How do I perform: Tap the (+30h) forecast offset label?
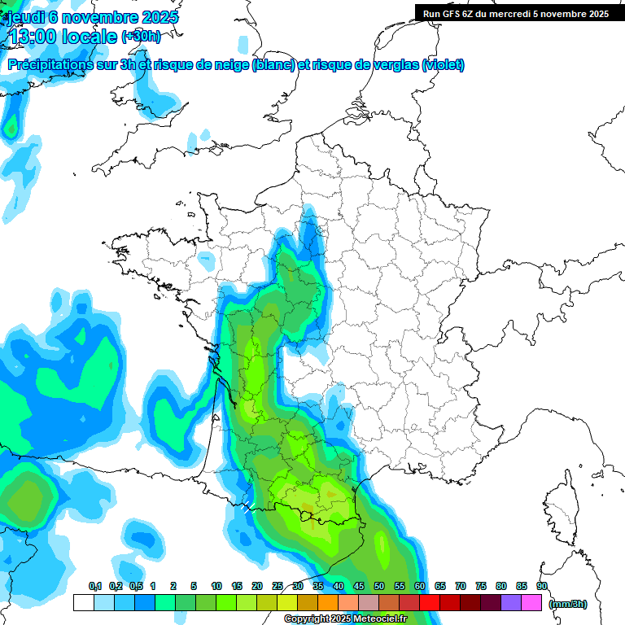pos(141,37)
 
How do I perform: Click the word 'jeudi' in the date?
pos(24,17)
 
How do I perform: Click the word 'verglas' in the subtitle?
pos(394,65)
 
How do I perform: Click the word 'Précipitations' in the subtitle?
pos(54,65)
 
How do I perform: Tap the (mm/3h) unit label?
pos(567,603)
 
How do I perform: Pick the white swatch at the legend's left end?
pos(83,603)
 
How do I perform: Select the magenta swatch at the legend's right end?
pos(531,603)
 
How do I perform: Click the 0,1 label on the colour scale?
pos(94,586)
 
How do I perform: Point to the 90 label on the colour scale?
pos(541,586)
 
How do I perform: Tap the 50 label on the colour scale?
pos(379,586)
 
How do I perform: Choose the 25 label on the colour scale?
pos(278,586)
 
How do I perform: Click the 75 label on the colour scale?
pos(481,586)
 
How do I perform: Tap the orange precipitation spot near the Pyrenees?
pos(330,492)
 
